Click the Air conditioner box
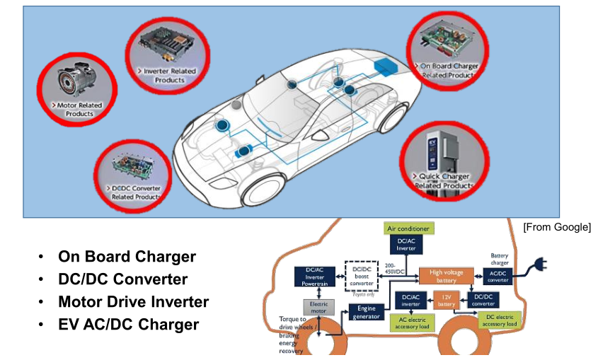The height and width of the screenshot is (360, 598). tap(409, 228)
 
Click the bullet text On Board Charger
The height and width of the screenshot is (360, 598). tap(127, 257)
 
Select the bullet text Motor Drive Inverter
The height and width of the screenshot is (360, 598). tap(133, 302)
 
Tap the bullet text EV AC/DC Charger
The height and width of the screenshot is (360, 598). tap(128, 325)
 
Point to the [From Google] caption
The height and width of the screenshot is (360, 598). tap(556, 226)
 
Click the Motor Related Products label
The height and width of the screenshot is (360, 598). tap(79, 109)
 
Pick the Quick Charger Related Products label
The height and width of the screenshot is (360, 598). tap(444, 180)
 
